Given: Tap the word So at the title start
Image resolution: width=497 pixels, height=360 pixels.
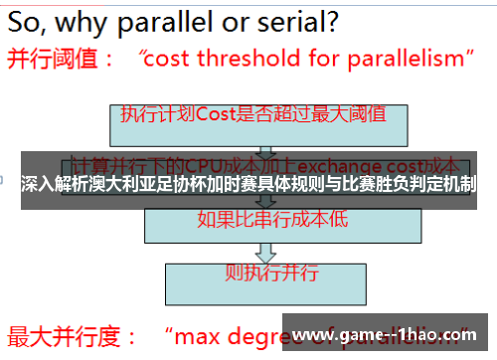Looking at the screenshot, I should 24,20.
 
